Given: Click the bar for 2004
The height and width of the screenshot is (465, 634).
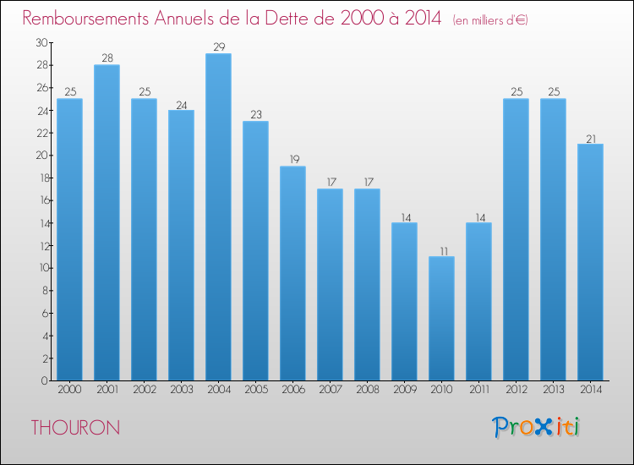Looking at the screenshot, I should pyautogui.click(x=218, y=217).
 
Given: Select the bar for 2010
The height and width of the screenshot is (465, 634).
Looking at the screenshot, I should pyautogui.click(x=441, y=319).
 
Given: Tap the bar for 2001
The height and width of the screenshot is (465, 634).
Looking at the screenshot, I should pyautogui.click(x=107, y=222).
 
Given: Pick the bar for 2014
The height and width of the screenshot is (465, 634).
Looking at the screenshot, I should pyautogui.click(x=590, y=262).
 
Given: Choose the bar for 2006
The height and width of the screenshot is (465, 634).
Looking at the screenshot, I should pyautogui.click(x=292, y=273).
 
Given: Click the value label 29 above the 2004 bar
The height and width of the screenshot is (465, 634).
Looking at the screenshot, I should pyautogui.click(x=218, y=47).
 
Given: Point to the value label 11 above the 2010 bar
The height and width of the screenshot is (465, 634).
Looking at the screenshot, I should pyautogui.click(x=441, y=250).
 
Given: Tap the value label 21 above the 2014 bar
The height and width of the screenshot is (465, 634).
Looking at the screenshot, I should pyautogui.click(x=590, y=138).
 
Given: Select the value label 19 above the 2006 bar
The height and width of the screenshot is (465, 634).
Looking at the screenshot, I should pyautogui.click(x=292, y=160).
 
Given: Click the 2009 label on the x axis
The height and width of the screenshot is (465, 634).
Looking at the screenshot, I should pyautogui.click(x=404, y=390).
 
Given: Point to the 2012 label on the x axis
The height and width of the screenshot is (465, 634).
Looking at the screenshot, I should pyautogui.click(x=516, y=390).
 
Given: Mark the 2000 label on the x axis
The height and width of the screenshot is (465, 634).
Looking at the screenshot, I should pyautogui.click(x=69, y=390).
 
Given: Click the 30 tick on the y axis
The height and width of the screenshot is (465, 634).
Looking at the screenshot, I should pyautogui.click(x=41, y=42).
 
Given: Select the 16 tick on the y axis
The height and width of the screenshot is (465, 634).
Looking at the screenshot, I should pyautogui.click(x=41, y=200).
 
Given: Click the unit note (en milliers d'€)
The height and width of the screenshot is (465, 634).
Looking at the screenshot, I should pyautogui.click(x=490, y=20).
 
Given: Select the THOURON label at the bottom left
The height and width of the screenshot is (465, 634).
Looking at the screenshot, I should pyautogui.click(x=75, y=428).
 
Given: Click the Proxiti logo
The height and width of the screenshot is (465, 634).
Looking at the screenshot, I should pyautogui.click(x=537, y=427).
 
